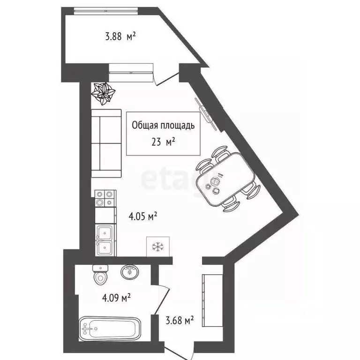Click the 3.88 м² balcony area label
click(x=119, y=36)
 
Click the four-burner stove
click(x=105, y=197)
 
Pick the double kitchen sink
click(x=105, y=240)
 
